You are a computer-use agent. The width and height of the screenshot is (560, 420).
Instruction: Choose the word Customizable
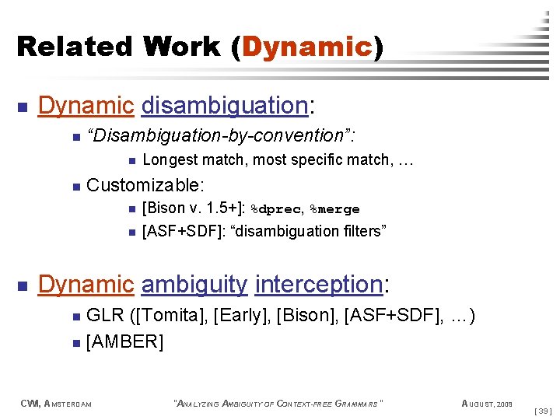[145, 185]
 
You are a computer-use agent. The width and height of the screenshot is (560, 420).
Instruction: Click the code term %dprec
[275, 209]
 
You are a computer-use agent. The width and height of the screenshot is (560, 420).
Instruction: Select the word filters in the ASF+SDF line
[359, 231]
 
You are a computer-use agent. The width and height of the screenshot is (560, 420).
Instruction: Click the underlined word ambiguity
[194, 285]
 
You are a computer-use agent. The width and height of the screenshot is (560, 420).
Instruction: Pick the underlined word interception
[318, 285]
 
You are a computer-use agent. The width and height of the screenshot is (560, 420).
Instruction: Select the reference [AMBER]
[124, 341]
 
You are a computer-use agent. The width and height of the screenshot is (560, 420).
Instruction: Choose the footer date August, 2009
[487, 403]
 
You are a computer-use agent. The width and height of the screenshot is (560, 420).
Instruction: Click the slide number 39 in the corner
[544, 410]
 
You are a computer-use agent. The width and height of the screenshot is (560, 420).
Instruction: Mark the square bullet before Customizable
[75, 186]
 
